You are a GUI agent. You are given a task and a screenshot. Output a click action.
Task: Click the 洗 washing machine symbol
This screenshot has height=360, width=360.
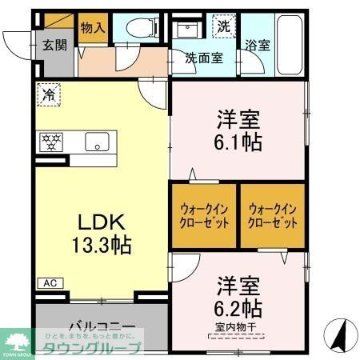224,26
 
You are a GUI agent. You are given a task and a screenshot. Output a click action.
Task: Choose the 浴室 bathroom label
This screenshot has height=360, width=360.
258,45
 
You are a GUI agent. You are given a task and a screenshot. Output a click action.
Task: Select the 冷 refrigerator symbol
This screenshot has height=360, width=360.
48,94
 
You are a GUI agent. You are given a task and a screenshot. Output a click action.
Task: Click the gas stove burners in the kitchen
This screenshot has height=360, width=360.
50,142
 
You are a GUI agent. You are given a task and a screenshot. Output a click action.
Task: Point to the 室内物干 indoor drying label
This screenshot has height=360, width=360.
237,328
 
